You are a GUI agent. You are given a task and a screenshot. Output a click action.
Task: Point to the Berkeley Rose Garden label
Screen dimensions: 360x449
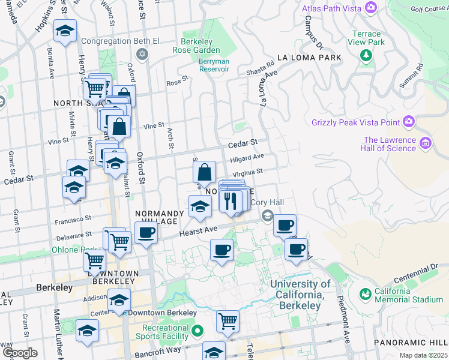click(x=200, y=46)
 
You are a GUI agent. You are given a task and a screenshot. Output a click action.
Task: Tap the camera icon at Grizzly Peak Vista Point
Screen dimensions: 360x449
click(x=409, y=122)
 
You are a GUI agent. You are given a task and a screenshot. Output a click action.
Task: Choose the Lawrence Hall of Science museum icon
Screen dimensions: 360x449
click(x=426, y=143)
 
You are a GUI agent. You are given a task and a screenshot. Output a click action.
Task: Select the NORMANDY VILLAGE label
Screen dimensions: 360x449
click(x=160, y=214)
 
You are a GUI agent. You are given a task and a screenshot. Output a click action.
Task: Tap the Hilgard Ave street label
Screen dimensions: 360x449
click(x=247, y=157)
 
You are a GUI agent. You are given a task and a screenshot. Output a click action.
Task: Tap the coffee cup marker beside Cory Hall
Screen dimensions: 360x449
click(x=285, y=225)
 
